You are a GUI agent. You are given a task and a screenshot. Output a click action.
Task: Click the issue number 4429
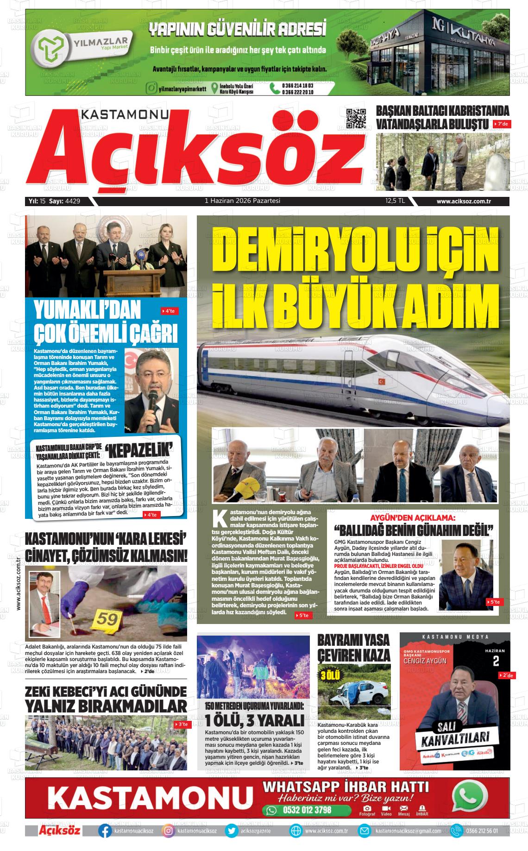click(73, 201)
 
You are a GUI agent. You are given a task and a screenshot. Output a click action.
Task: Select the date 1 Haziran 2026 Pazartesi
click(243, 201)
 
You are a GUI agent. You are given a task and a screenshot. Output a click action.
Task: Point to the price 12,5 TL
click(395, 201)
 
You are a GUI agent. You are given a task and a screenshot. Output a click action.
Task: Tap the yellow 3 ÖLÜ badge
click(328, 675)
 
